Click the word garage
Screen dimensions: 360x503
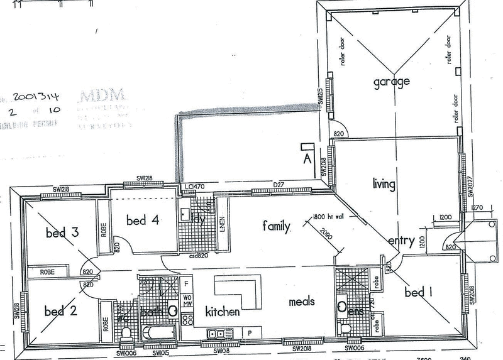tap(390, 82)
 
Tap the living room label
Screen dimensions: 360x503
tap(384, 184)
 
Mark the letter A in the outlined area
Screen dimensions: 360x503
tap(307, 157)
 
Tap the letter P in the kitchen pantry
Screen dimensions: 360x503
tap(250, 332)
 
